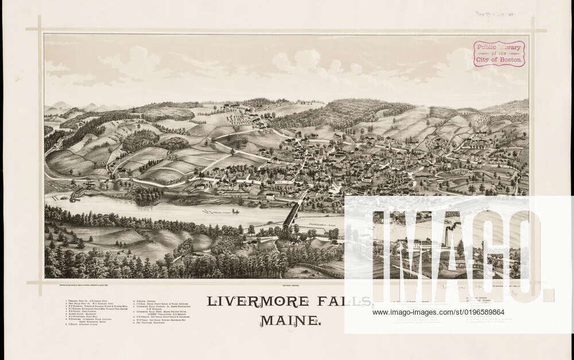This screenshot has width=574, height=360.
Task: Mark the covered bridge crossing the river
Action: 292,214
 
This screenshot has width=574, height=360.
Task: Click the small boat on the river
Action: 235,211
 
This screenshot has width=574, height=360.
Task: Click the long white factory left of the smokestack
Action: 422,245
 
